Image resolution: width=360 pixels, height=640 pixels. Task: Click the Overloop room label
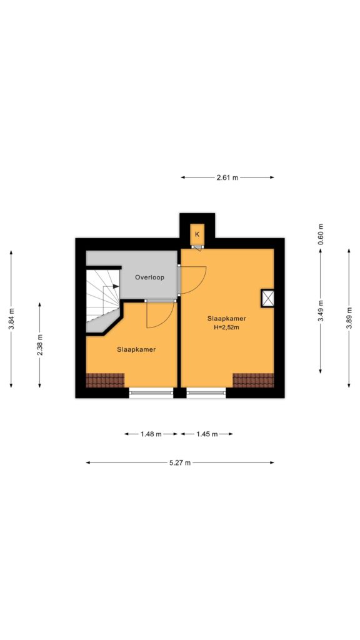click(149, 277)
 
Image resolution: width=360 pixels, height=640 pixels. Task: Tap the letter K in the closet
click(197, 234)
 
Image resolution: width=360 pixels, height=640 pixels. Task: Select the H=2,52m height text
click(226, 327)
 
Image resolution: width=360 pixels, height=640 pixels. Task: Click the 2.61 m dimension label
click(227, 177)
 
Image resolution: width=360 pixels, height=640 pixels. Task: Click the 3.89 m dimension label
click(349, 316)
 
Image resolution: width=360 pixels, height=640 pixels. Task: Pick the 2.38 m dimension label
click(40, 344)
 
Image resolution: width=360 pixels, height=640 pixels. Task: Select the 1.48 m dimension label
click(151, 434)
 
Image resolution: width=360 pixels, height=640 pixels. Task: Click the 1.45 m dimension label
click(206, 434)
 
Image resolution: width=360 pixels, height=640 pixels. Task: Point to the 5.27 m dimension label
click(179, 463)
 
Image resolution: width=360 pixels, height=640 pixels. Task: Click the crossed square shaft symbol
click(267, 298)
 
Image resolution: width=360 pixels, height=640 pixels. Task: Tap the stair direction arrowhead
click(116, 286)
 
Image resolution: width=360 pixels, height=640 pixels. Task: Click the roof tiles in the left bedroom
click(105, 380)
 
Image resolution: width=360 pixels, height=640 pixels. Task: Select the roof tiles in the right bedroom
click(253, 380)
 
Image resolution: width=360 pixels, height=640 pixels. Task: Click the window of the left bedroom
click(151, 392)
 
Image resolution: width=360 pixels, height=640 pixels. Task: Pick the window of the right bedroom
click(206, 392)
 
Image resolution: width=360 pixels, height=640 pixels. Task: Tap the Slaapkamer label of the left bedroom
click(136, 350)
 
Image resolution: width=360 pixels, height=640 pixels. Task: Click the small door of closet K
click(197, 248)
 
